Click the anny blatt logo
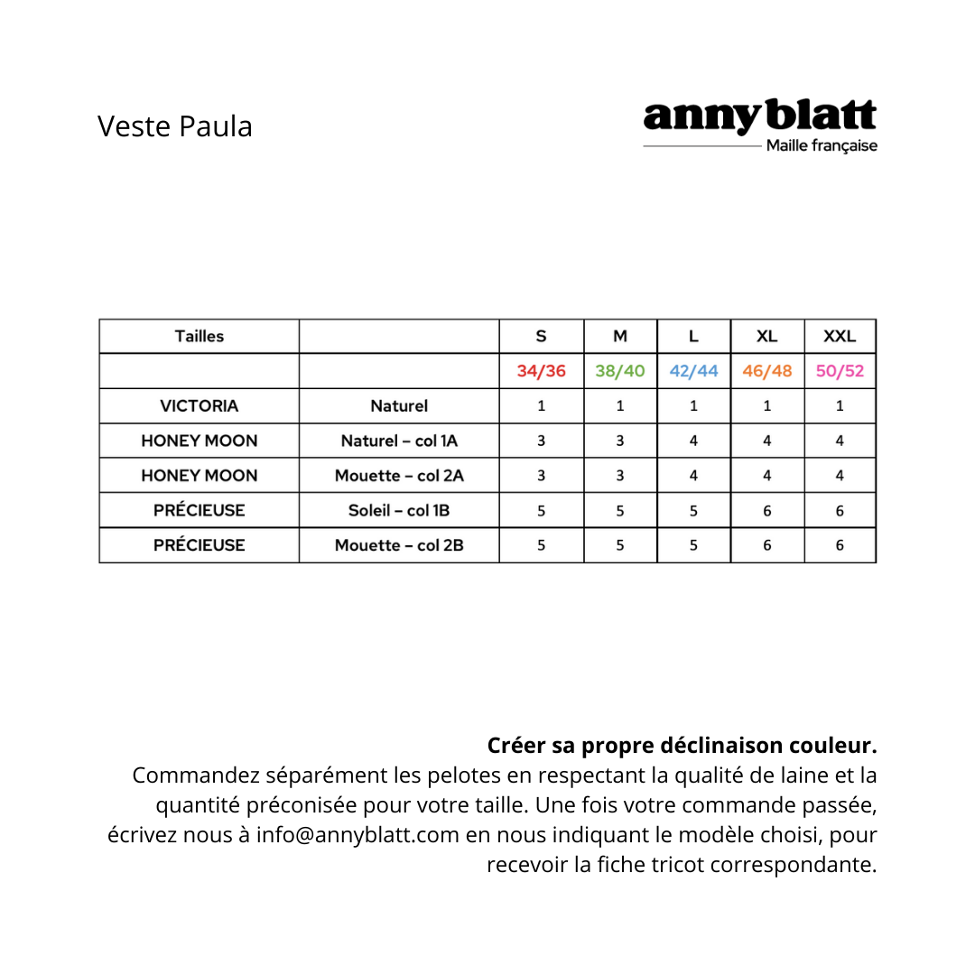click(x=759, y=117)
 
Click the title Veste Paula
click(x=175, y=126)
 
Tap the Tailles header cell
click(x=200, y=337)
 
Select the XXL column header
click(x=840, y=337)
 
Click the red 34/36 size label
click(x=542, y=371)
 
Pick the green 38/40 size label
click(x=620, y=371)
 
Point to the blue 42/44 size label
click(x=693, y=371)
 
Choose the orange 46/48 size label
click(x=766, y=371)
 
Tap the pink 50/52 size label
click(x=840, y=371)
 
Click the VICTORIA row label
click(x=200, y=406)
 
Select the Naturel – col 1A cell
click(x=399, y=441)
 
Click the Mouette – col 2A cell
click(x=399, y=476)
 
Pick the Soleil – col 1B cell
click(x=399, y=510)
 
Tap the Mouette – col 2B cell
click(x=399, y=545)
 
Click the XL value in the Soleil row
click(x=766, y=510)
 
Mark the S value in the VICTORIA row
click(x=542, y=406)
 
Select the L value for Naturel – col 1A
click(x=693, y=441)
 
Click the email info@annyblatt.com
click(x=358, y=835)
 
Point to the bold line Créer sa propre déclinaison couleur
click(x=682, y=747)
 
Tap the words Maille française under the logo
click(x=822, y=146)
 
